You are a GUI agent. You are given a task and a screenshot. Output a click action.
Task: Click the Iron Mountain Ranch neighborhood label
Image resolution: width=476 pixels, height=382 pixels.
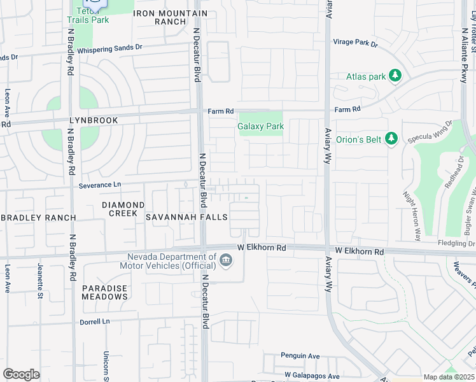(171, 17)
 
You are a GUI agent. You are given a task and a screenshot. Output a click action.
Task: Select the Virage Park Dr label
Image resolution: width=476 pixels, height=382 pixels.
(355, 44)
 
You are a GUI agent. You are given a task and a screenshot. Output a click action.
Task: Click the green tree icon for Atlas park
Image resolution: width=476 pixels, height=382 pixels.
(395, 76)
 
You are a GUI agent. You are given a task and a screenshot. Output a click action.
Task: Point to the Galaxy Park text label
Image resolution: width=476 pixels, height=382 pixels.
(261, 126)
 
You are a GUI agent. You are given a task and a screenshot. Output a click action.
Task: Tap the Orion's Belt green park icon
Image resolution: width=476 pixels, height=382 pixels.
(392, 138)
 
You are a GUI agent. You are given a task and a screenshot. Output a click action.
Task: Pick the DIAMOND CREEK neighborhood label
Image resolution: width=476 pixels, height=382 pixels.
(123, 209)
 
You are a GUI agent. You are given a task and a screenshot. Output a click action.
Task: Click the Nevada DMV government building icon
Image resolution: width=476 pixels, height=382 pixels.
(225, 260)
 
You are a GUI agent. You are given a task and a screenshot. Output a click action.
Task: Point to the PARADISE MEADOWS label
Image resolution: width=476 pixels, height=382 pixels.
(105, 292)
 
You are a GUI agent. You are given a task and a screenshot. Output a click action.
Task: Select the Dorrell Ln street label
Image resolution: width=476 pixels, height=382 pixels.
(95, 322)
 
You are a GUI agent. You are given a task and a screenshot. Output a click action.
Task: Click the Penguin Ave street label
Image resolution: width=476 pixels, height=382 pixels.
(300, 356)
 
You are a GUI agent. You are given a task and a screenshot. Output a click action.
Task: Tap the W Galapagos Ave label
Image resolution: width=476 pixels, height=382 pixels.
(312, 376)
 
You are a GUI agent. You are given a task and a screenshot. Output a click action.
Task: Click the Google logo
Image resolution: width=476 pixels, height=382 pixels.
(21, 374)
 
